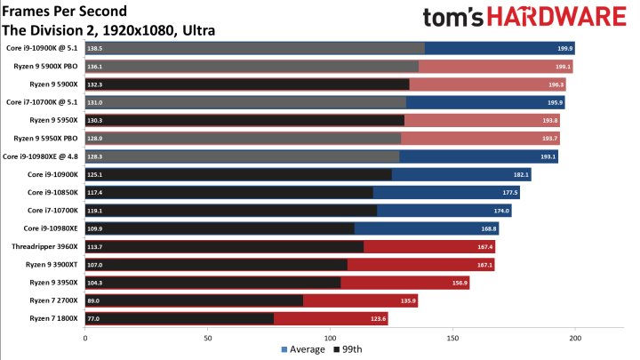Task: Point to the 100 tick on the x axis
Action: tap(331, 338)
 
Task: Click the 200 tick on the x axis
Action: tap(575, 338)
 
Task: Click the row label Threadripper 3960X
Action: tap(46, 246)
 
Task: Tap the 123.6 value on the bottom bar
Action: tap(377, 318)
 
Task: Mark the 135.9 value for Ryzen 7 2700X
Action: tap(407, 300)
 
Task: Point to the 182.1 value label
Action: tap(520, 174)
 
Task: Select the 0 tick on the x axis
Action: tap(85, 338)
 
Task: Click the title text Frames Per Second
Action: tap(63, 12)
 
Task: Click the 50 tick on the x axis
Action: tap(208, 338)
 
